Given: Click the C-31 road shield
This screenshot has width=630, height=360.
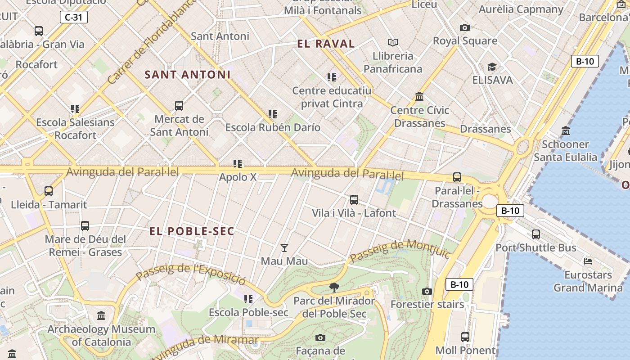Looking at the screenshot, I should [73, 18].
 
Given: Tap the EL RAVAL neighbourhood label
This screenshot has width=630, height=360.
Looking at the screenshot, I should [326, 44].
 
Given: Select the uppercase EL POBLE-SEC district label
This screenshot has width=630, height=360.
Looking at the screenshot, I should [192, 231].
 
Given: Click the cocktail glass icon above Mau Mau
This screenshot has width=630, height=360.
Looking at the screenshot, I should [284, 247].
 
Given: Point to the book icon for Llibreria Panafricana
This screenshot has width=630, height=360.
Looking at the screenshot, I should [393, 42].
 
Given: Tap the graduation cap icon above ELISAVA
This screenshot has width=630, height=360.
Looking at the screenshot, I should [492, 67].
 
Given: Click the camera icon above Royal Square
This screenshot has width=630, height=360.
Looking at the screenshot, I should [465, 27].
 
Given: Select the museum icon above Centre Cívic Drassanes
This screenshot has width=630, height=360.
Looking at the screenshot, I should [419, 96].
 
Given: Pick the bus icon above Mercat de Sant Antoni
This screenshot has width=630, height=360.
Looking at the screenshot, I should [179, 106].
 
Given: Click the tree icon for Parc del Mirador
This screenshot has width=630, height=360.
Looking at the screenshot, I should [334, 287].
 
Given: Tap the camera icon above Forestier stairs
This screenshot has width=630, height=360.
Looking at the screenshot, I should [427, 291].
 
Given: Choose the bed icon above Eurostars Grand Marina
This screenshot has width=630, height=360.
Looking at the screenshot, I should [588, 261].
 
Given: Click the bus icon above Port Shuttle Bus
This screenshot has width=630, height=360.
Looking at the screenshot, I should [535, 234].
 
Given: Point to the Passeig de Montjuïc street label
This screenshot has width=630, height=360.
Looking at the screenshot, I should [400, 250].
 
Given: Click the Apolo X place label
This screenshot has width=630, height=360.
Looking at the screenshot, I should [238, 177].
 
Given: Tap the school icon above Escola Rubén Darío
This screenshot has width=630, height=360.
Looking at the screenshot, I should [272, 114].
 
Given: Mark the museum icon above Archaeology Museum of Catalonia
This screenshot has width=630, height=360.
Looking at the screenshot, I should [101, 316].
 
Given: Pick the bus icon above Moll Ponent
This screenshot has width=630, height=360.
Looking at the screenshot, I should [465, 337].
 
